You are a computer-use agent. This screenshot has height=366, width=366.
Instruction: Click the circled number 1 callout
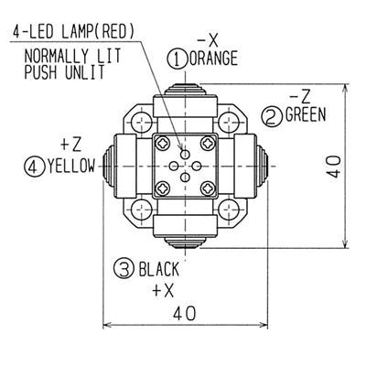(x=178, y=59)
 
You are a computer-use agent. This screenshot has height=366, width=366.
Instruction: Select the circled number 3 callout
(x=124, y=268)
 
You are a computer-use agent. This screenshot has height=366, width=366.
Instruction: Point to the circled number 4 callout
(x=34, y=167)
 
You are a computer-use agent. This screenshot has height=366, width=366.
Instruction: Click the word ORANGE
(x=213, y=58)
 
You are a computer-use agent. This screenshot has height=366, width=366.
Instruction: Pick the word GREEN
(x=306, y=115)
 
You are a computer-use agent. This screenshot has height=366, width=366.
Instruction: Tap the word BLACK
(x=159, y=269)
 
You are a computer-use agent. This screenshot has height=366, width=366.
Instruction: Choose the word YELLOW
(x=71, y=167)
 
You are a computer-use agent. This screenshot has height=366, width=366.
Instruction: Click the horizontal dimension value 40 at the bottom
(x=185, y=313)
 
